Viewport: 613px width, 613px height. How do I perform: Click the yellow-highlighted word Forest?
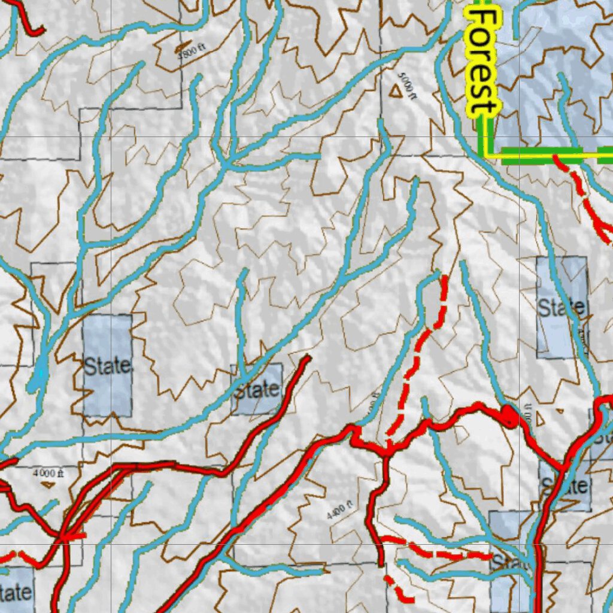[482, 62]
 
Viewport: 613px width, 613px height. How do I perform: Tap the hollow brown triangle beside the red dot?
[540, 418]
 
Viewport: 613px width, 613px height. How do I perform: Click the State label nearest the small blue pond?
[107, 366]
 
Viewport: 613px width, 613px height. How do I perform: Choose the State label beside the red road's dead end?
[257, 391]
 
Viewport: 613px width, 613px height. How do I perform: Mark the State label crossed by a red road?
[564, 485]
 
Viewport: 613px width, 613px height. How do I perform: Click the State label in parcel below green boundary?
[561, 308]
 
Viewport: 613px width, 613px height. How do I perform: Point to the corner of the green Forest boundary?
[486, 156]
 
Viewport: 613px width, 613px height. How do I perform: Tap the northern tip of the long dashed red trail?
[444, 277]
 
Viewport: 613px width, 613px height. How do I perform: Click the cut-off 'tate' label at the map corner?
[14, 593]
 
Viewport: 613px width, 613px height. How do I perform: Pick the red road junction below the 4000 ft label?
[63, 535]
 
